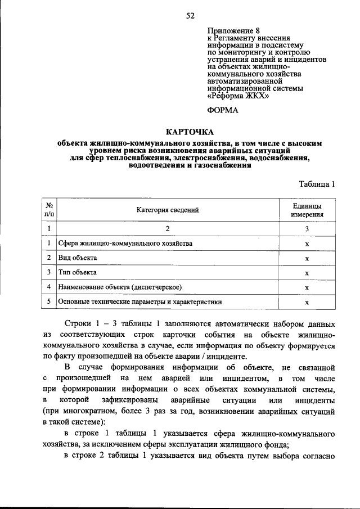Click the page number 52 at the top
(190, 16)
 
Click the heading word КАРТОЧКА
(190, 131)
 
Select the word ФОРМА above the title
(223, 110)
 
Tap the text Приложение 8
(234, 31)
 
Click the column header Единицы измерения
(307, 210)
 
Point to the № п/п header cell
(49, 210)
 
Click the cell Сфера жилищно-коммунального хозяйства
(125, 244)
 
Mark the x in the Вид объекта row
(307, 259)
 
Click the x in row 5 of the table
(307, 303)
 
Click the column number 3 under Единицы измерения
(307, 229)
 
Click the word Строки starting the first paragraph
(79, 325)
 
